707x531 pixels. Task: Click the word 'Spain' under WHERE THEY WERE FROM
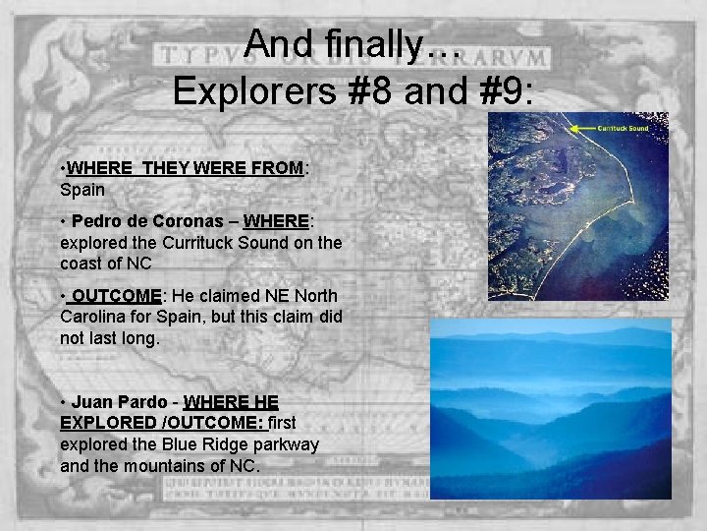pos(82,188)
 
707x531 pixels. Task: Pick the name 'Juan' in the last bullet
pos(92,402)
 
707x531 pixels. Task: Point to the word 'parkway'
pos(286,444)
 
